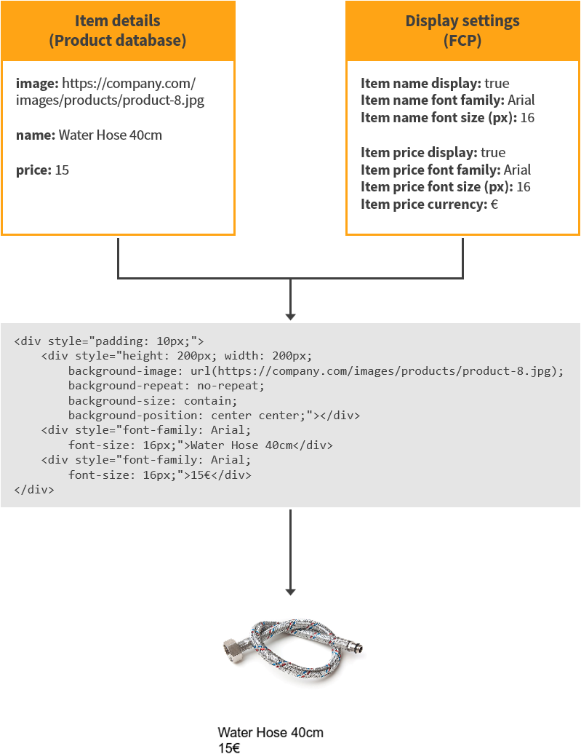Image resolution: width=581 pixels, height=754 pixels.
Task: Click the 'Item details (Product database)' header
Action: (118, 31)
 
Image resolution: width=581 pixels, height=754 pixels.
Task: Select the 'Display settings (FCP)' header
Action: (462, 31)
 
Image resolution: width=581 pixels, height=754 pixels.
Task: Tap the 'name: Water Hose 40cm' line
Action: (89, 135)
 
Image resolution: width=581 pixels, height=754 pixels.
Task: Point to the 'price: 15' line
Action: (42, 170)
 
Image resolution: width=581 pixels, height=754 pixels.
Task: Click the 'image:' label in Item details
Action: (37, 83)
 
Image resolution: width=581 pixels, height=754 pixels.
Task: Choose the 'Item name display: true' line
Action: (435, 83)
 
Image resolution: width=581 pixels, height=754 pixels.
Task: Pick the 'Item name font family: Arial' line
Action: (447, 100)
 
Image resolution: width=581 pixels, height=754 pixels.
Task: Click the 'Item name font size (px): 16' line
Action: (447, 118)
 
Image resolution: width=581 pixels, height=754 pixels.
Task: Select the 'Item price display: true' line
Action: (433, 153)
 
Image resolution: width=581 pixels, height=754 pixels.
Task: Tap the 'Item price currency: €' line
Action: (429, 205)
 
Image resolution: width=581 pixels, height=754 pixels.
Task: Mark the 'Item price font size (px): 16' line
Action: (445, 188)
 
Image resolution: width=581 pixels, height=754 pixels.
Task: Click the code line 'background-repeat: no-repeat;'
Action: (167, 386)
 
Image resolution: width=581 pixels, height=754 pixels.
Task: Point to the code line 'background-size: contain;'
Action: (153, 401)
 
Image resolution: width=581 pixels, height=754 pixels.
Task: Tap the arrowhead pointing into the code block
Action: (290, 316)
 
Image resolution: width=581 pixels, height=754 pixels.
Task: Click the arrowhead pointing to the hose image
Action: (290, 590)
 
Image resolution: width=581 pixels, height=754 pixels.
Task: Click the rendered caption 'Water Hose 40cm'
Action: (271, 733)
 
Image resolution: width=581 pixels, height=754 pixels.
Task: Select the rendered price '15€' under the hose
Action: (229, 747)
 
